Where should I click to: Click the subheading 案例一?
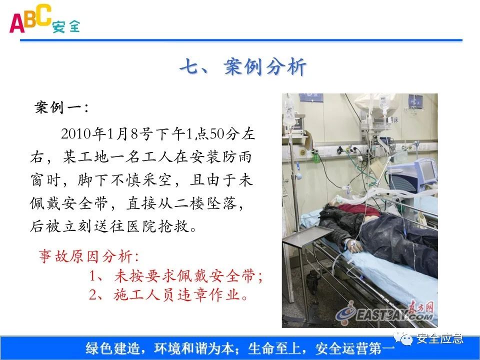(x=61, y=107)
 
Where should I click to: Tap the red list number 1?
(x=93, y=275)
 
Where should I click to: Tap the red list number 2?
(x=93, y=295)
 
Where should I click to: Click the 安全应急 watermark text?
(x=440, y=338)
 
